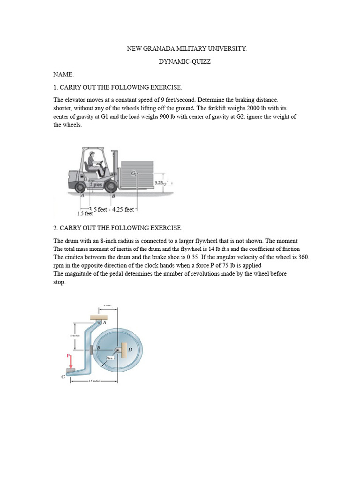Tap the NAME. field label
click(x=63, y=75)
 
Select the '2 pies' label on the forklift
click(x=97, y=184)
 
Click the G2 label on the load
click(x=134, y=173)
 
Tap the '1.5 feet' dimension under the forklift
click(x=85, y=214)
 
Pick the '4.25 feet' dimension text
click(x=123, y=210)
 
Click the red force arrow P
click(x=71, y=362)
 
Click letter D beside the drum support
click(x=130, y=350)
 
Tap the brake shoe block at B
click(x=91, y=349)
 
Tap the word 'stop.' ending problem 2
click(x=59, y=283)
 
